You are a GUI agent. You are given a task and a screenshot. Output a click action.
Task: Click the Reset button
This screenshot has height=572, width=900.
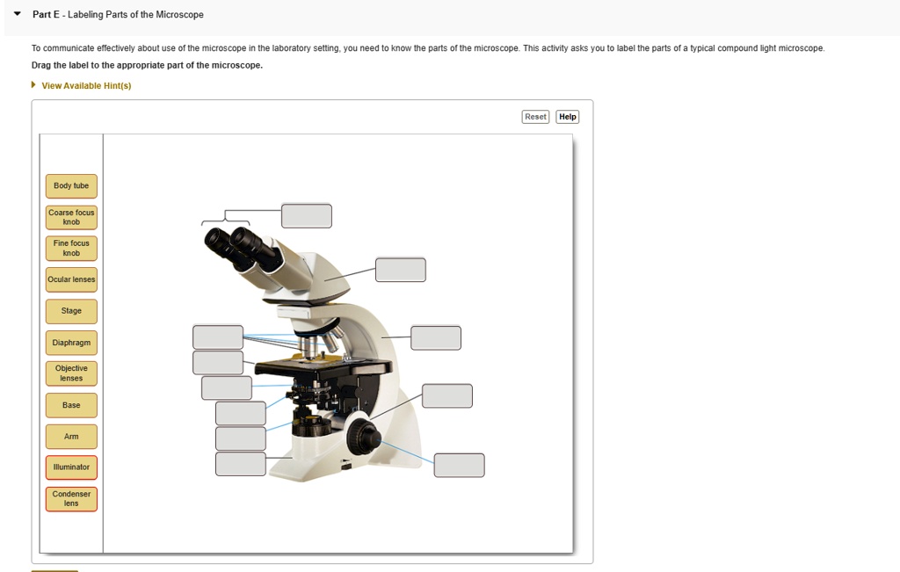click(535, 117)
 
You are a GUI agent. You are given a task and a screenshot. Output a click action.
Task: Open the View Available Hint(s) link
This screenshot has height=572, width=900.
click(86, 85)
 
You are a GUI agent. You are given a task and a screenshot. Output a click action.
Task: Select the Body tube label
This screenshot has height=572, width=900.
click(71, 186)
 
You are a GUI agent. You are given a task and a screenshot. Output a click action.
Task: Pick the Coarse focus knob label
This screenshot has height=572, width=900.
click(71, 217)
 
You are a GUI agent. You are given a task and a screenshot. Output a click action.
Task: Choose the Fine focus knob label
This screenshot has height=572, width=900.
click(71, 248)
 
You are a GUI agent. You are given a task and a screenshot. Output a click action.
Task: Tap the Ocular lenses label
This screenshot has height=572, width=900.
click(71, 279)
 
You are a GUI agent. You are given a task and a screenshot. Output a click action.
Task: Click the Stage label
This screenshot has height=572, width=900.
click(71, 311)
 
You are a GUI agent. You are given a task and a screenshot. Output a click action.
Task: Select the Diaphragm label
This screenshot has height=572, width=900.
click(71, 343)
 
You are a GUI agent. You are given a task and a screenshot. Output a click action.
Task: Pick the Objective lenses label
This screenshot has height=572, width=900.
click(71, 373)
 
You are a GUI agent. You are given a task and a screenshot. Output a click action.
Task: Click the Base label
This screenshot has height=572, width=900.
click(71, 405)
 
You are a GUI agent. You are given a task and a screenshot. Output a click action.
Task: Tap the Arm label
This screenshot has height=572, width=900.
click(71, 437)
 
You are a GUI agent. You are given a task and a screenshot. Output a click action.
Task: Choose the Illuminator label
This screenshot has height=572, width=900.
click(71, 467)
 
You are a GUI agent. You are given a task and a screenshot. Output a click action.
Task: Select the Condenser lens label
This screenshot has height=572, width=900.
click(71, 498)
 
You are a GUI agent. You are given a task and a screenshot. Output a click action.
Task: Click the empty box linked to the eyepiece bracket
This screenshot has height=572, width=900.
click(307, 215)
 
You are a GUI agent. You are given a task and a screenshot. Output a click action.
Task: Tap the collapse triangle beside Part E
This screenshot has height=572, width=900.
click(18, 14)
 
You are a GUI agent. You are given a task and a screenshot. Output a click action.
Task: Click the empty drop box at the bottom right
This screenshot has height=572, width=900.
click(459, 465)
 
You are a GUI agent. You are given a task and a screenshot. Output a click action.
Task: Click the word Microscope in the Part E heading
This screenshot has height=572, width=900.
click(179, 14)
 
